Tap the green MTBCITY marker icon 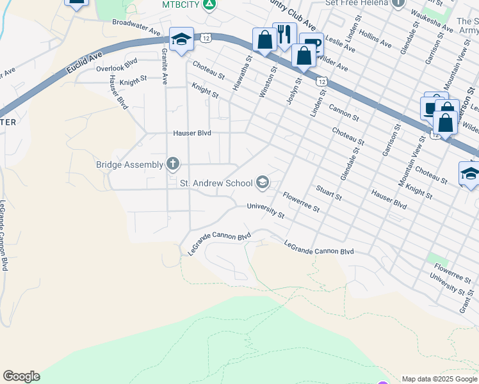point(208,5)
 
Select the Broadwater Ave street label point(136,26)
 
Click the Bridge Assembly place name point(129,164)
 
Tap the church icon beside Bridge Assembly point(172,164)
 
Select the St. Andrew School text point(216,184)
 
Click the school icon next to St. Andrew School point(262,184)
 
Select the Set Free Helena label point(357,3)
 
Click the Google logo point(21,376)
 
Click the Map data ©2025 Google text point(439,379)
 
